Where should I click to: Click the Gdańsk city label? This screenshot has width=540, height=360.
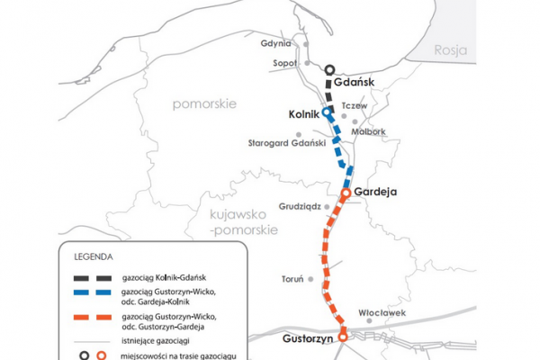tap(353, 82)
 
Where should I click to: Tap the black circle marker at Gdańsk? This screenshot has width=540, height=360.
tap(330, 69)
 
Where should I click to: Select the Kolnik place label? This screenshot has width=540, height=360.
tap(305, 114)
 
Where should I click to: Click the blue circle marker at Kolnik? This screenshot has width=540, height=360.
tap(328, 112)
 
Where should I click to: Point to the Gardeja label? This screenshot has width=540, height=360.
tap(375, 193)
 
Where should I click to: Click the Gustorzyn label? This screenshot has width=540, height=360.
tap(302, 340)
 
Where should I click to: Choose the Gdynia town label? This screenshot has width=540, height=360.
tap(274, 43)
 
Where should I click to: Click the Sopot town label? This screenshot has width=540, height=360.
tap(284, 63)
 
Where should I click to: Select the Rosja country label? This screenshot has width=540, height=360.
tap(451, 50)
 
